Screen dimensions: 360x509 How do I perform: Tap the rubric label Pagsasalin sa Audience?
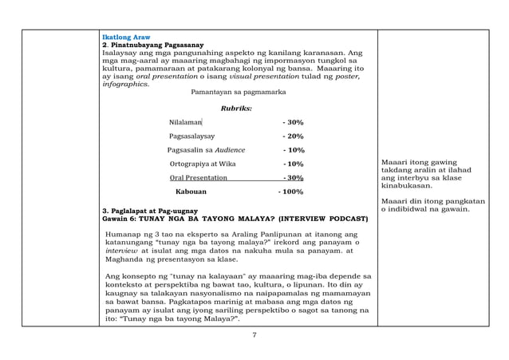(207, 150)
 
